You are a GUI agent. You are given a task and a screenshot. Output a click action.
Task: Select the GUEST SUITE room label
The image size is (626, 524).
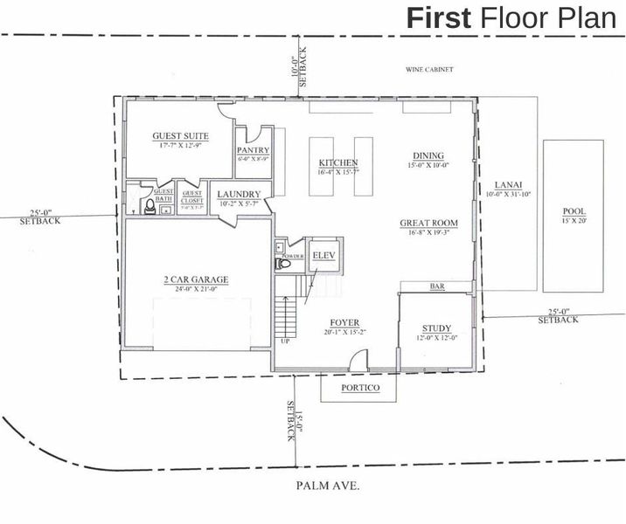coord(180,136)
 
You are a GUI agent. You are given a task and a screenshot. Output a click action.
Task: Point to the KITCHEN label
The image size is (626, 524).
coord(337,163)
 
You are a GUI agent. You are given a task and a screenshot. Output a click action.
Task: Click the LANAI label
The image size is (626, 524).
coord(508,184)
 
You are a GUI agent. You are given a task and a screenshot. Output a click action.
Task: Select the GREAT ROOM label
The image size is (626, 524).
coord(428,223)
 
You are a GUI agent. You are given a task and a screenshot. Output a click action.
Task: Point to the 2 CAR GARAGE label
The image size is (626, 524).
coord(195,280)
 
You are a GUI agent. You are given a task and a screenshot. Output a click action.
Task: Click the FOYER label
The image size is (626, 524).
coord(344,322)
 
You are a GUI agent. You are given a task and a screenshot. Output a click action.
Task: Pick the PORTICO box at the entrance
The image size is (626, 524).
coord(359,388)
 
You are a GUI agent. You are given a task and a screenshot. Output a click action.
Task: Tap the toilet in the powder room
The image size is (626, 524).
coord(282,263)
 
